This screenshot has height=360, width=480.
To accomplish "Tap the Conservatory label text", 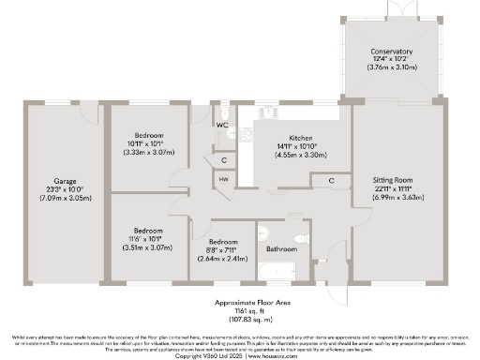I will click(x=392, y=52).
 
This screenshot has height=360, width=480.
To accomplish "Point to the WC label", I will click(x=223, y=125).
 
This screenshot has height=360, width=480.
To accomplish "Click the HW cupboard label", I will click(x=224, y=179).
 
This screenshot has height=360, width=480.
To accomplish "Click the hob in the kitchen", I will click(x=251, y=133).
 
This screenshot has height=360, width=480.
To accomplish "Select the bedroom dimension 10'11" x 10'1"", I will click(x=145, y=143).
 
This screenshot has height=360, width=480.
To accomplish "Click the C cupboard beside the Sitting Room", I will click(x=332, y=180).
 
